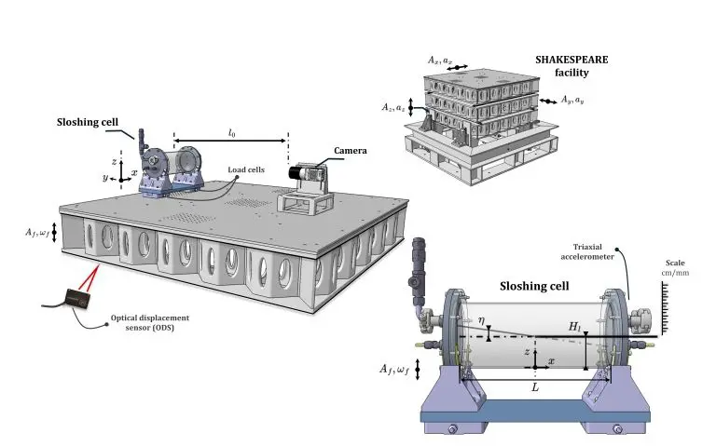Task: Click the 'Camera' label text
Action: point(351,150)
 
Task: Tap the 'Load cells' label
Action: point(248,169)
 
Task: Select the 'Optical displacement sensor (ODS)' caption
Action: point(145,322)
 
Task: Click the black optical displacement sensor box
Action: point(74,299)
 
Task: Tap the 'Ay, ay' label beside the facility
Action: point(571,99)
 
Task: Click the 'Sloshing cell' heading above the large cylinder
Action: point(535,287)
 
